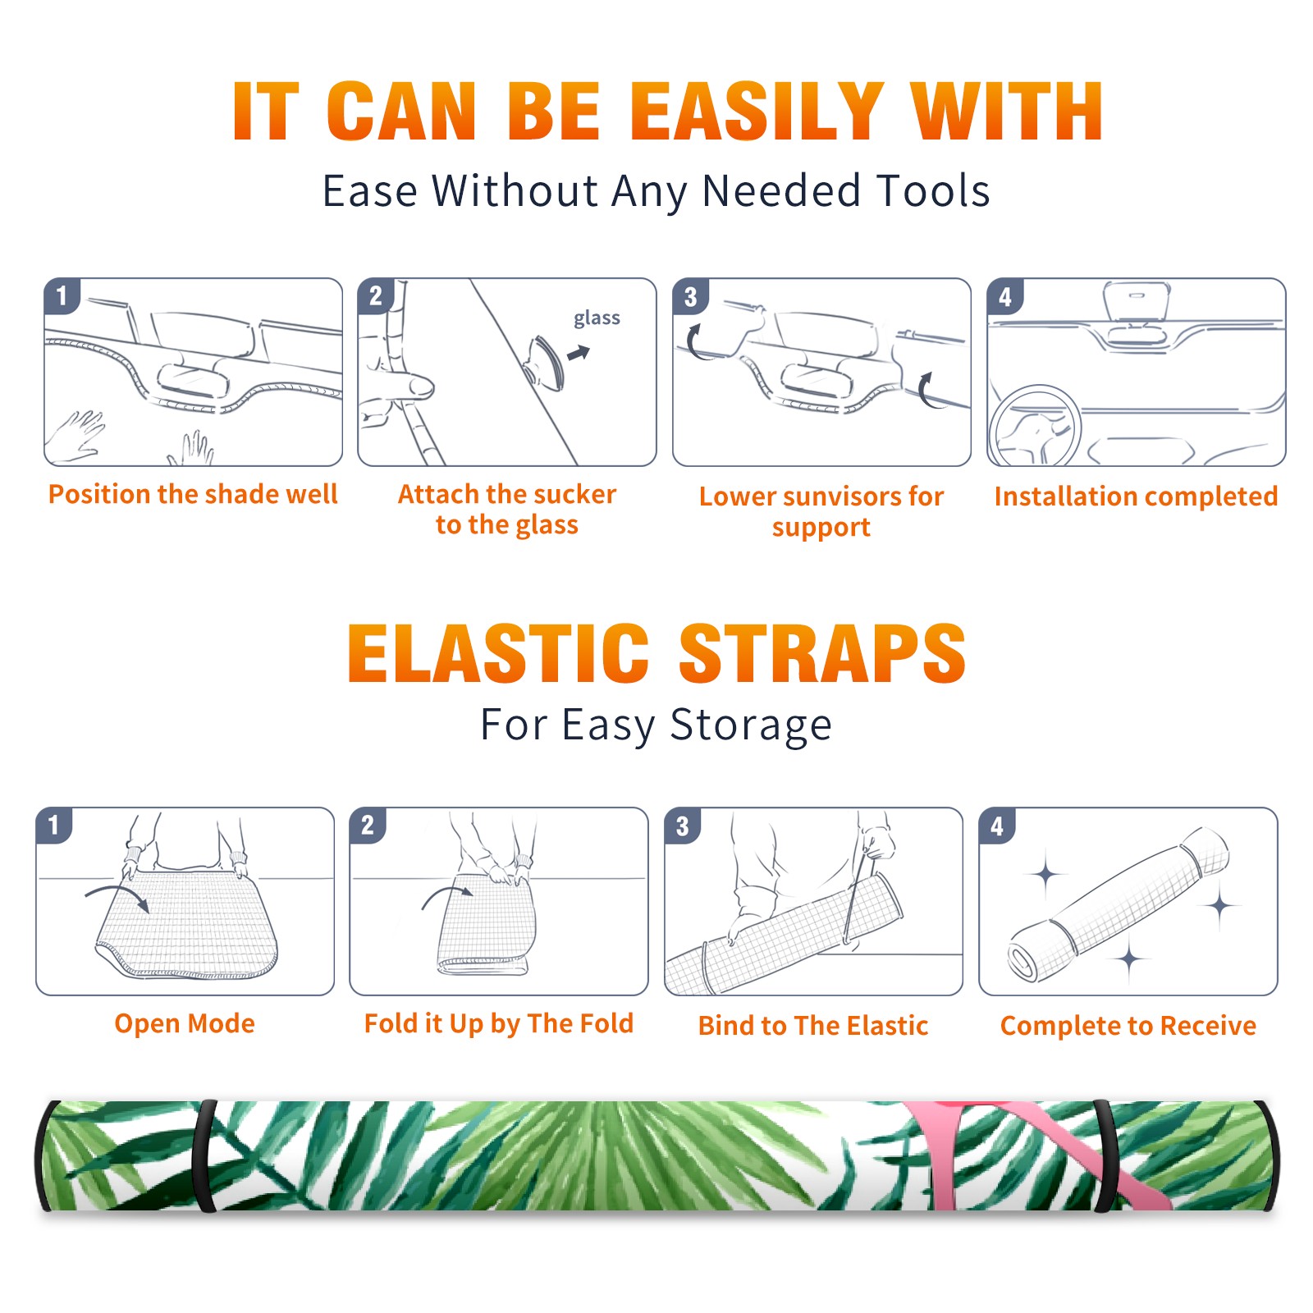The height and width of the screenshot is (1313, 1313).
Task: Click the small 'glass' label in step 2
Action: tap(597, 318)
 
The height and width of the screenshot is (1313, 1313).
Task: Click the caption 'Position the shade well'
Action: tap(193, 494)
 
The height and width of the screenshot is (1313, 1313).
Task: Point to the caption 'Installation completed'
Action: tap(1136, 496)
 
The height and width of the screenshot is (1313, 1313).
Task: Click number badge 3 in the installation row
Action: tap(690, 297)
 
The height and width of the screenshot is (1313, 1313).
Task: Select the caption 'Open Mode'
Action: tap(185, 1023)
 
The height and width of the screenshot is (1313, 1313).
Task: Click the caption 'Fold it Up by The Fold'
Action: tap(499, 1023)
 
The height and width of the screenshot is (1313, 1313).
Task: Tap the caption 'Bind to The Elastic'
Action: tap(813, 1025)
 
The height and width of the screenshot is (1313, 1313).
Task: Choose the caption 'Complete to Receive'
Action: tap(1128, 1025)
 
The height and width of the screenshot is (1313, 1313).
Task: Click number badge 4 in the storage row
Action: tap(997, 826)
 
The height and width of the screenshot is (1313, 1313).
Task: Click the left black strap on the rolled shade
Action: tap(204, 1155)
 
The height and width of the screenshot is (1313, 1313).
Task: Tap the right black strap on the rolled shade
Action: tap(1105, 1155)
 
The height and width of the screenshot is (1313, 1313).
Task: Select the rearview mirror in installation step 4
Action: tap(1137, 302)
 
